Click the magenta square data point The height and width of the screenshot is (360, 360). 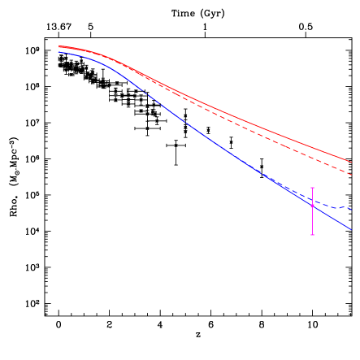coord(312,206)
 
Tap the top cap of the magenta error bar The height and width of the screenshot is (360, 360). coord(312,188)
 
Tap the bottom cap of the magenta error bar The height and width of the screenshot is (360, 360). coord(312,235)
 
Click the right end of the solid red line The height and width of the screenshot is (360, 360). coord(350,161)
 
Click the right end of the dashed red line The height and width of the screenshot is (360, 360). coord(350,174)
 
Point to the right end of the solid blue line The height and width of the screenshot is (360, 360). coord(350,229)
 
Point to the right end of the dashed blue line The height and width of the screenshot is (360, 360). coord(350,209)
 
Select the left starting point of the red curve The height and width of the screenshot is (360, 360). coord(59,46)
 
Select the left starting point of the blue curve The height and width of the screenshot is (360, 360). coord(59,52)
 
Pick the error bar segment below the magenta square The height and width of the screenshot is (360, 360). coord(312,221)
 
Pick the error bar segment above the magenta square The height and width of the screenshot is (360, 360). coord(312,196)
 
